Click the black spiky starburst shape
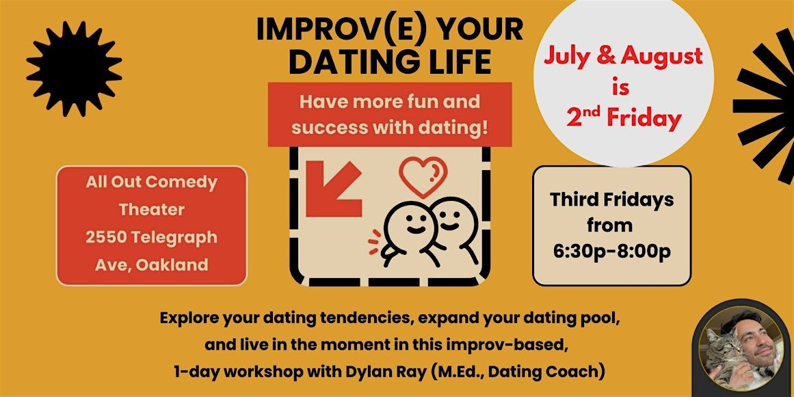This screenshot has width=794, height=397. (74, 69)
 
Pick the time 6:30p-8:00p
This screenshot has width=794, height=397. (611, 252)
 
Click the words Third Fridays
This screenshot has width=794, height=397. (611, 200)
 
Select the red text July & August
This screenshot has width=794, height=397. (623, 56)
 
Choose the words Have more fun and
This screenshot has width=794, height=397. (389, 102)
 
